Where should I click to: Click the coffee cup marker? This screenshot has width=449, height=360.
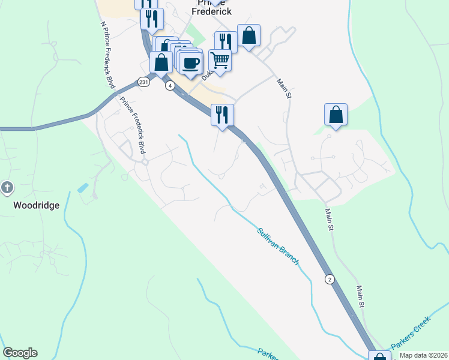click(191, 63)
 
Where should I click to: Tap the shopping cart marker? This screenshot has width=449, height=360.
click(220, 60)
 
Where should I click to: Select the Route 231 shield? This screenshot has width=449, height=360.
click(143, 82)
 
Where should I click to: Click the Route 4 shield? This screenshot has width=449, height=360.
click(171, 86)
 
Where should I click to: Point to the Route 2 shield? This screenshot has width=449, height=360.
click(330, 279)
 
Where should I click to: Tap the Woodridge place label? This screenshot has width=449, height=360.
click(37, 205)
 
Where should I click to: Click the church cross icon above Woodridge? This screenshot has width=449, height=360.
click(7, 188)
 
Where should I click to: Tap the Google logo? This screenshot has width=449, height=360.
click(20, 353)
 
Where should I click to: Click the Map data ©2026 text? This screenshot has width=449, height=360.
click(423, 355)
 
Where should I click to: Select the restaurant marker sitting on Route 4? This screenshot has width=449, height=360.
click(222, 114)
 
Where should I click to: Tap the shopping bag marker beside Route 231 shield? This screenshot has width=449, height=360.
click(161, 62)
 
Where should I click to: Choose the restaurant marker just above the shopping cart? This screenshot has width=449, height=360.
click(226, 41)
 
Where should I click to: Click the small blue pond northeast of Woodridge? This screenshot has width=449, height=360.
click(82, 187)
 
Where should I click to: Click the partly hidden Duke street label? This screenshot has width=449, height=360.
click(206, 74)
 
